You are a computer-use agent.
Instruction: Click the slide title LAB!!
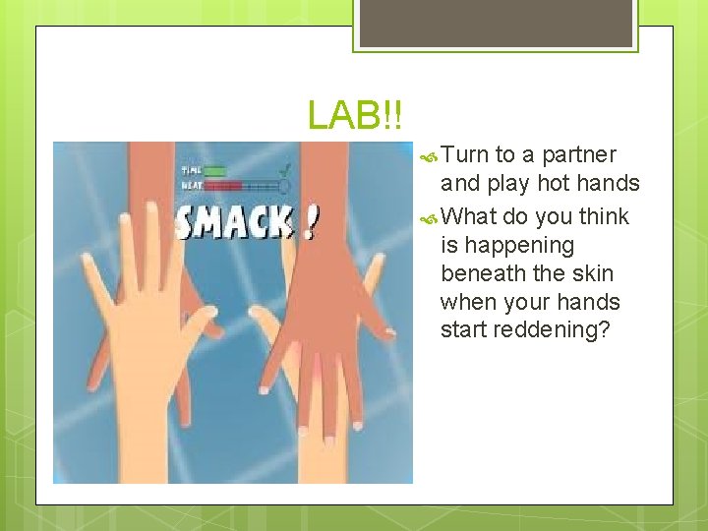[354, 115]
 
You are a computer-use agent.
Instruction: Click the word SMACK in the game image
[233, 222]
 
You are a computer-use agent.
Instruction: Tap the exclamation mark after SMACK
[311, 222]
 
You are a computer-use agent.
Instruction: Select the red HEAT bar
[223, 185]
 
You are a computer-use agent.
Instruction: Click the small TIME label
[191, 171]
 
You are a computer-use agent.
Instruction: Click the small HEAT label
[191, 185]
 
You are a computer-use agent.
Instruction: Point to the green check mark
[285, 169]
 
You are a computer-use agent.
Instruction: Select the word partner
[579, 155]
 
